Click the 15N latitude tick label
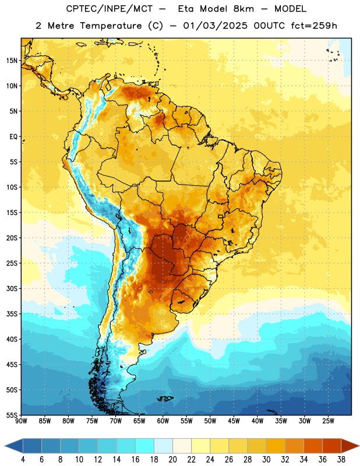[x=12, y=61]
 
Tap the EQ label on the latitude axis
[x=13, y=137]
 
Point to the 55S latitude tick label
[x=12, y=415]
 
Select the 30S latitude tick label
[x=12, y=288]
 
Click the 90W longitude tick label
[x=22, y=421]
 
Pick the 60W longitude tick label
[x=163, y=421]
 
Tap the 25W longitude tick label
[x=328, y=421]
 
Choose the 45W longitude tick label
[x=234, y=421]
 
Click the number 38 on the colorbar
[x=341, y=460]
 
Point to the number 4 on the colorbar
[x=23, y=460]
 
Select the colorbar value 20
[x=172, y=460]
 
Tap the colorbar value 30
[x=266, y=460]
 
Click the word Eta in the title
[x=186, y=9]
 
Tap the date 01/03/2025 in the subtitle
[x=215, y=26]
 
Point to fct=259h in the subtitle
[x=314, y=26]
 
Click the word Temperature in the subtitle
[x=111, y=26]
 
